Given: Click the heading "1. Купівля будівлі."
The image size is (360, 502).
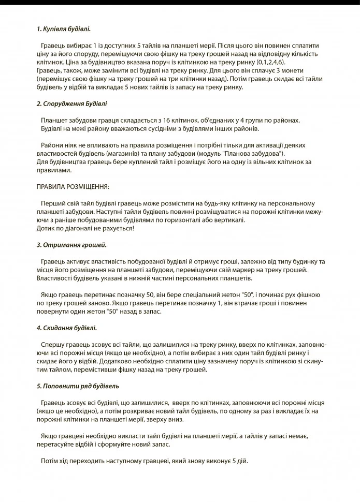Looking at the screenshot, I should coord(64,29).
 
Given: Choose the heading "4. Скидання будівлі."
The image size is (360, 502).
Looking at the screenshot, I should coord(66,328).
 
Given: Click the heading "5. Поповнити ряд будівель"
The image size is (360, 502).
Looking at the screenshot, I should coord(78,386).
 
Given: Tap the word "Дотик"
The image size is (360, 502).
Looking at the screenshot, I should coord(46,228).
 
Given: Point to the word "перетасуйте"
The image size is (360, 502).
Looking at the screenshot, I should coord(54,444).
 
